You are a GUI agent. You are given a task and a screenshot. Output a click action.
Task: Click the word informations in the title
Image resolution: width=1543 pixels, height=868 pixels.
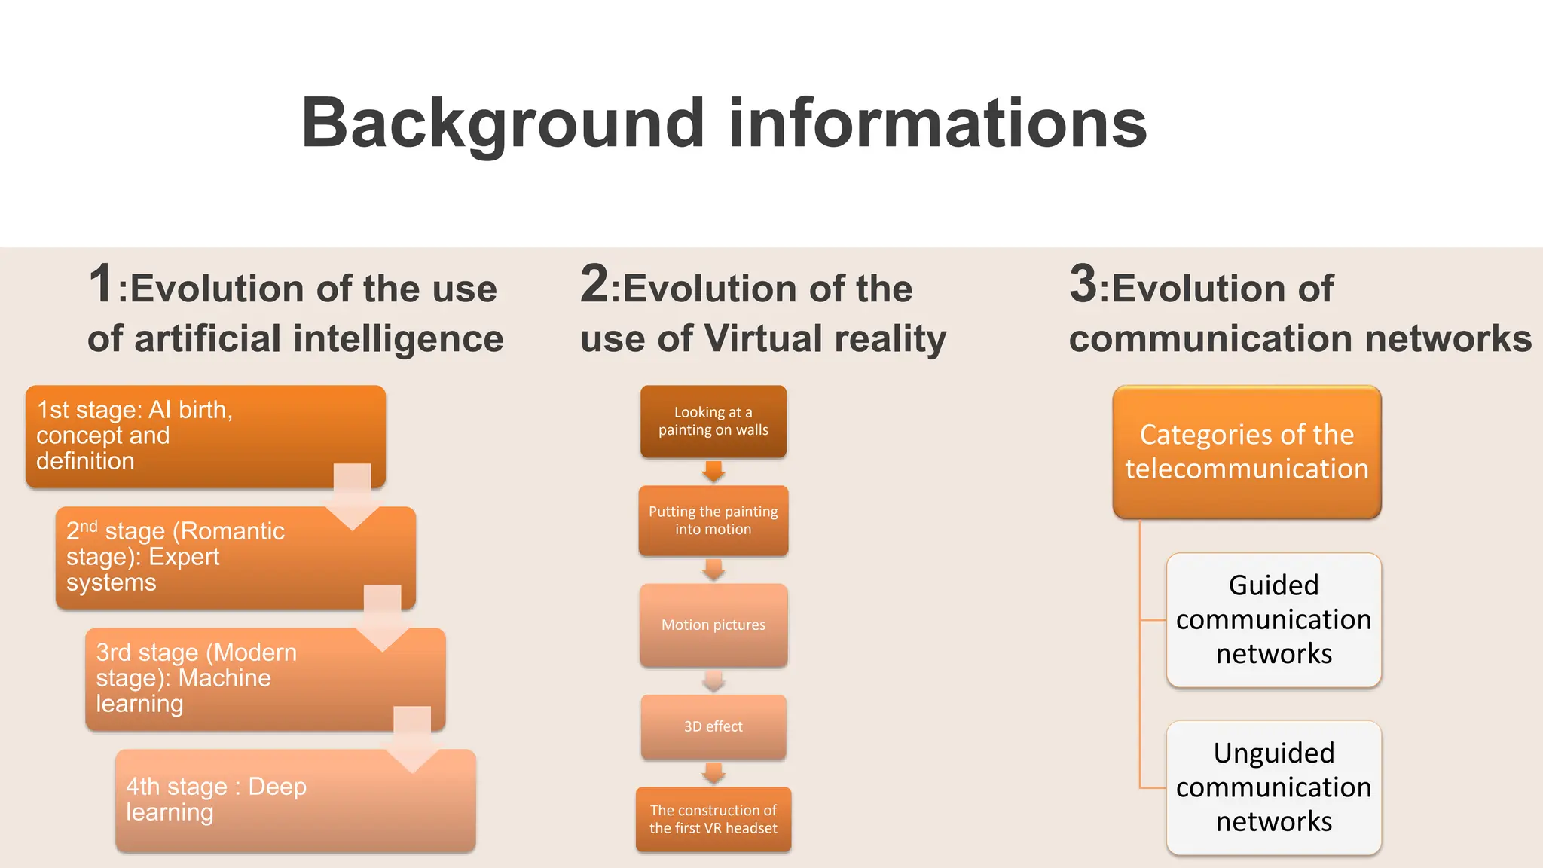click(937, 123)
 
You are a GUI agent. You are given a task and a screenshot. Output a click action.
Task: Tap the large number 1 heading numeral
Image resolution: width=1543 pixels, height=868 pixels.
click(101, 284)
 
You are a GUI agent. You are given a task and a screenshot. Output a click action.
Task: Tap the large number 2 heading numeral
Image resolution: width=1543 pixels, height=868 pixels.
click(594, 284)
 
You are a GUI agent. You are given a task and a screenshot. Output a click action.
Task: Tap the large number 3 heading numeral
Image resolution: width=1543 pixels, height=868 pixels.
click(1083, 284)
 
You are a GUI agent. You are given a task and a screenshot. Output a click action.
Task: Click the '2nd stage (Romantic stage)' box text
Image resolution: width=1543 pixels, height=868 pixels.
click(175, 557)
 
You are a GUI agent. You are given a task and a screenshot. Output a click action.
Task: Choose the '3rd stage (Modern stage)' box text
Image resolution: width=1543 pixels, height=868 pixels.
click(196, 677)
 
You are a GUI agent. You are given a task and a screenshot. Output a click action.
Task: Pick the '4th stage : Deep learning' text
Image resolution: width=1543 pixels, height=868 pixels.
click(215, 799)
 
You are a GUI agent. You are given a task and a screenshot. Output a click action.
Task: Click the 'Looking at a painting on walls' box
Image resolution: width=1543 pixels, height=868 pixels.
click(713, 421)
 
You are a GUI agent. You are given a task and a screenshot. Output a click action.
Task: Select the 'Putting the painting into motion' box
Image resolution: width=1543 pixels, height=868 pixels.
click(713, 521)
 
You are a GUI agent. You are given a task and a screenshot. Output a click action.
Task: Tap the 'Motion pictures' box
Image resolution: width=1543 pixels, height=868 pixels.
click(713, 625)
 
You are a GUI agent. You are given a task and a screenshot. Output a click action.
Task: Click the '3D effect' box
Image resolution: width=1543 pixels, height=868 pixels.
click(713, 726)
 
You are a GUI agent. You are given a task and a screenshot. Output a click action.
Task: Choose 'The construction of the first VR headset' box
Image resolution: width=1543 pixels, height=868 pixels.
click(713, 819)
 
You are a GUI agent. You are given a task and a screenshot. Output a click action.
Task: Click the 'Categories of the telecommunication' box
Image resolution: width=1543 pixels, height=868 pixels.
click(1246, 451)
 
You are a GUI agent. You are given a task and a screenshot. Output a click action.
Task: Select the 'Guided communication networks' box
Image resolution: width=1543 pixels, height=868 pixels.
click(1273, 619)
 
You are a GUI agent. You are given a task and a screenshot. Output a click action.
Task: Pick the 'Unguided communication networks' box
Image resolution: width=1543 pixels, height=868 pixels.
click(1273, 787)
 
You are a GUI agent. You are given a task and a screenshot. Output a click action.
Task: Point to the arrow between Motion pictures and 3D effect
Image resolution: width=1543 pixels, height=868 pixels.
click(713, 681)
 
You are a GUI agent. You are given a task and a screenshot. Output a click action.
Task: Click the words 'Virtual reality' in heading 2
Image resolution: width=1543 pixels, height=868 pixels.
click(825, 338)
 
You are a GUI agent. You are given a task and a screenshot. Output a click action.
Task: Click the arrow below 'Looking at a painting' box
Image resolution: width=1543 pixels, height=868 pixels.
click(713, 472)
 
